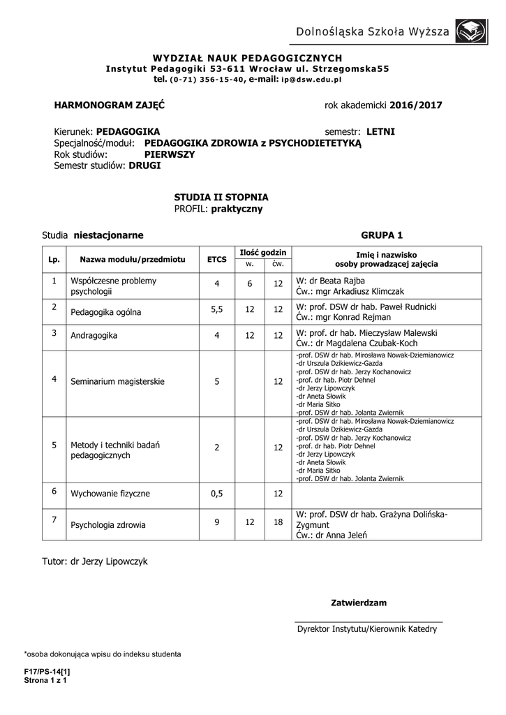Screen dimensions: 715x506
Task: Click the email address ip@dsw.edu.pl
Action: pyautogui.click(x=311, y=80)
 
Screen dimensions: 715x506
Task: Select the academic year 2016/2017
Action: pyautogui.click(x=416, y=105)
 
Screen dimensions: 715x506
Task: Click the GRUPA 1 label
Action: pyautogui.click(x=382, y=235)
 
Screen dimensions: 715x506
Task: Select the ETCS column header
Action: pyautogui.click(x=217, y=259)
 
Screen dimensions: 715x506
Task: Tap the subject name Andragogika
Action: pyautogui.click(x=94, y=336)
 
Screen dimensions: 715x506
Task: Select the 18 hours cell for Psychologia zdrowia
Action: pyautogui.click(x=278, y=522)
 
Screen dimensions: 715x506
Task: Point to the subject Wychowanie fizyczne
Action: pyautogui.click(x=110, y=494)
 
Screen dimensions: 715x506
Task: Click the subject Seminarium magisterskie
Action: pyautogui.click(x=117, y=382)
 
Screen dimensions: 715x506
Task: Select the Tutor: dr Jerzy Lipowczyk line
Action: pyautogui.click(x=95, y=561)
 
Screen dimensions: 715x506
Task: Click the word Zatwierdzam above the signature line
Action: pyautogui.click(x=358, y=602)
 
